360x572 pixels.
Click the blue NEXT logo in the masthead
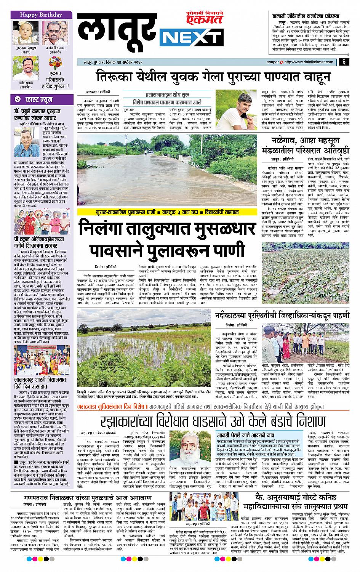pos(187,38)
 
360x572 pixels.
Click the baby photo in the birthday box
pos(22,30)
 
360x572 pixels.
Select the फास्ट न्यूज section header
pos(37,100)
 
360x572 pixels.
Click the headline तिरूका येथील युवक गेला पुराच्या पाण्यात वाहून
pos(208,76)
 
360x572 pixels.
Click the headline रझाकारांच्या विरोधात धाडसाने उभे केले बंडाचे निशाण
pos(213,422)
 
